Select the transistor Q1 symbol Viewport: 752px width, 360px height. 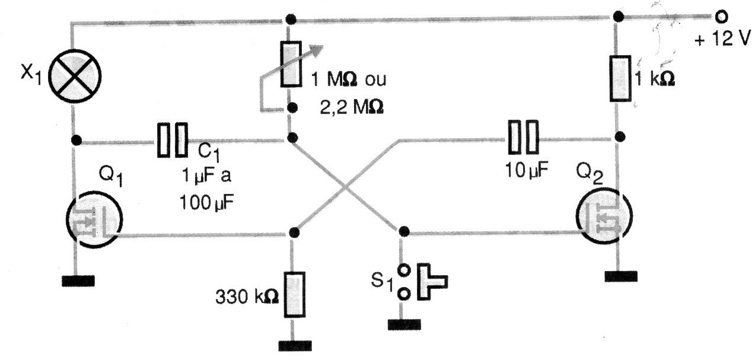click(x=94, y=219)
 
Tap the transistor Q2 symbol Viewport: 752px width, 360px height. click(x=604, y=215)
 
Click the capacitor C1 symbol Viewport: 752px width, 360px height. click(x=173, y=140)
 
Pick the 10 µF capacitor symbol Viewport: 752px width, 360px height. click(x=523, y=137)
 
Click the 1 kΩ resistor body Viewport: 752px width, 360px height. click(x=620, y=78)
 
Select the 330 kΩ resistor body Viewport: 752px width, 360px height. click(x=294, y=295)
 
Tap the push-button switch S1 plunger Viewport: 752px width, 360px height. click(x=432, y=282)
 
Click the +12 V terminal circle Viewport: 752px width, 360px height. click(x=721, y=17)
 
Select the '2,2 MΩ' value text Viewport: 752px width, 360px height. click(x=352, y=107)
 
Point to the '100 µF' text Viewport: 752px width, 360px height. click(x=206, y=203)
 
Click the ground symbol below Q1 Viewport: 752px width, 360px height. click(x=78, y=281)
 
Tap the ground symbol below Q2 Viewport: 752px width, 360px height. click(x=621, y=276)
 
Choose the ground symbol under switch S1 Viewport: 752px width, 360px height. click(x=404, y=325)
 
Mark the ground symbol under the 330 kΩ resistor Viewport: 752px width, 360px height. click(x=295, y=346)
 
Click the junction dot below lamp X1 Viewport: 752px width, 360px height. click(x=77, y=141)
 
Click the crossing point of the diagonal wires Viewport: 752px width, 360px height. click(x=346, y=187)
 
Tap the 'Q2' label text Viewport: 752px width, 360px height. click(x=590, y=174)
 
